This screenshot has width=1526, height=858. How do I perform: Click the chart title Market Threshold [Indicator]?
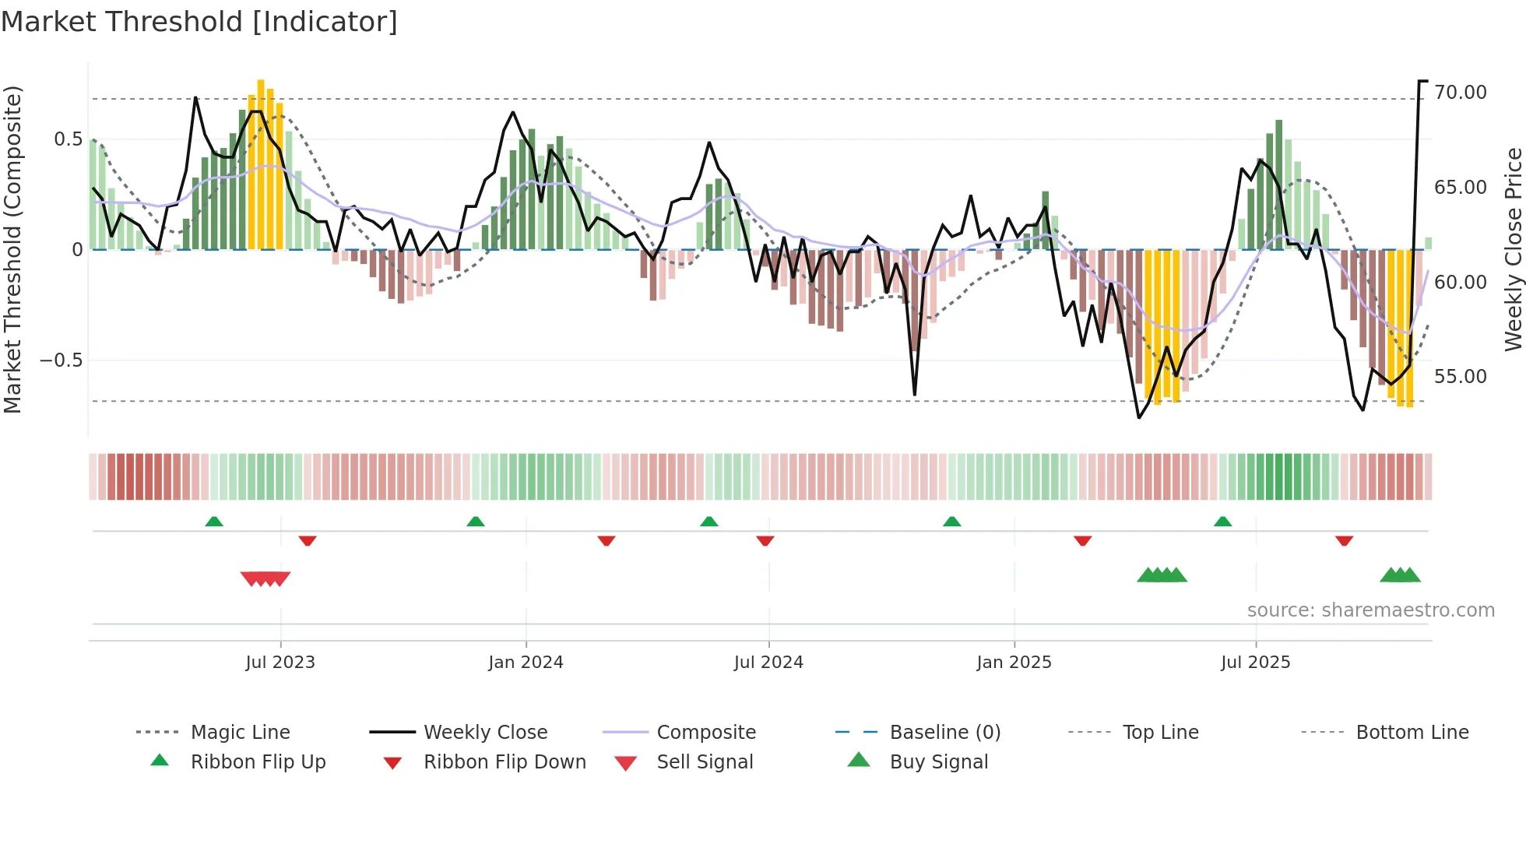[199, 22]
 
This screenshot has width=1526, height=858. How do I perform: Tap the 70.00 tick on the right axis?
[1460, 93]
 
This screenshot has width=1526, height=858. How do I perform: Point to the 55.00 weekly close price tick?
[1460, 377]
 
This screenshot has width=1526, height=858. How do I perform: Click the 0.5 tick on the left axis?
[68, 139]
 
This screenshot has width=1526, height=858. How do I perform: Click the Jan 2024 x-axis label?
[526, 663]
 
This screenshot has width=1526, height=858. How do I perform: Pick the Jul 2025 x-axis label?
[1255, 663]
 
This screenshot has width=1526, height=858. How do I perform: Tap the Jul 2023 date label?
[280, 663]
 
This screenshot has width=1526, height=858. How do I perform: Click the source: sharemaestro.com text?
[1370, 610]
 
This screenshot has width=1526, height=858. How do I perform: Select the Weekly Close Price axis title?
[1513, 249]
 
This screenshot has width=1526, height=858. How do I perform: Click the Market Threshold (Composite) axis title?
[12, 249]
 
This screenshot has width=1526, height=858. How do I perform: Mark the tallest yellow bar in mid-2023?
[261, 164]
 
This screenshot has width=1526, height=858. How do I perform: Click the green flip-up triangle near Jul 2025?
[1222, 522]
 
